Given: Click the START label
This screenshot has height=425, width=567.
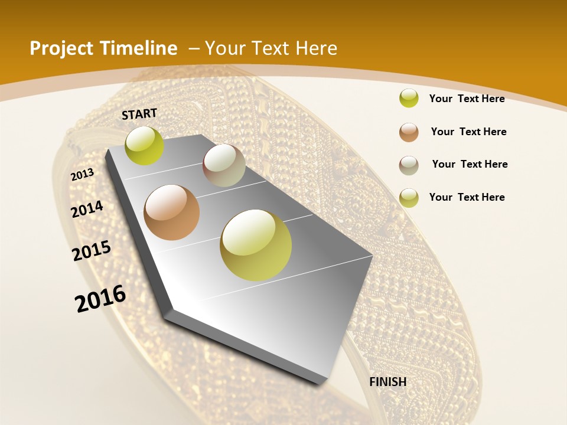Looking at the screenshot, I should coord(139,114).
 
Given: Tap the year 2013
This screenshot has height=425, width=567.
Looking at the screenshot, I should coord(82,175).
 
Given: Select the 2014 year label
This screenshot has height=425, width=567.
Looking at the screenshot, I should coord(87,209).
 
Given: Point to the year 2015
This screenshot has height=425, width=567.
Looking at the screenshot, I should coord(92,251).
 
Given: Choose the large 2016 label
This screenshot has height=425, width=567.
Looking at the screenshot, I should coord(100,298).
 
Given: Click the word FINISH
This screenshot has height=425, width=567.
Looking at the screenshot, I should coord(387,382).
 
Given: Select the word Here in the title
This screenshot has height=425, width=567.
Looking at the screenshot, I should coord(316,48).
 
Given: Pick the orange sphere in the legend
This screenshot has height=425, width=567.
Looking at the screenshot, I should coord(409,132).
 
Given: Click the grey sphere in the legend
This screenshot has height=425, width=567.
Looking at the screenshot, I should coord(409,165).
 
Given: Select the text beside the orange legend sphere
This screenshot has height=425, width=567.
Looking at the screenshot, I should coord(468,132).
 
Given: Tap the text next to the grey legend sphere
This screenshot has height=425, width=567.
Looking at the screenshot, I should coord(470,164).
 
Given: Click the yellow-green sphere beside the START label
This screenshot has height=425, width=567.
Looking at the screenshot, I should coord(144,146).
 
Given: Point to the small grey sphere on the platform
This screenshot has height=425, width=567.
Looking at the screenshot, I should coord(224,165).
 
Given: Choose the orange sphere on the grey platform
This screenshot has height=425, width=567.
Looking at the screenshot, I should coord(172,212).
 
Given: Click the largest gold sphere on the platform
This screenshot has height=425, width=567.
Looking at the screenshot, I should coord(256,245).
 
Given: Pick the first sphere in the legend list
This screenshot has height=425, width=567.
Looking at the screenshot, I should coord(409,98).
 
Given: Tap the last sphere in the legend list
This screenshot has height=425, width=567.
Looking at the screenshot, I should coord(409,198).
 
